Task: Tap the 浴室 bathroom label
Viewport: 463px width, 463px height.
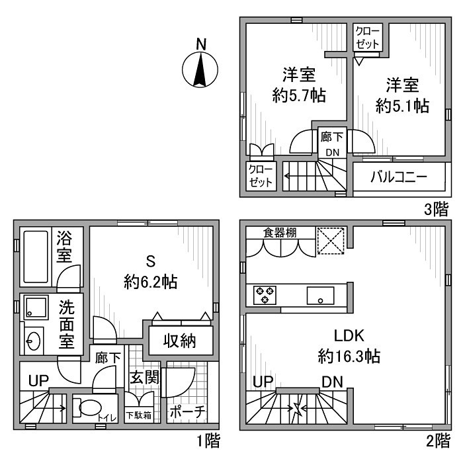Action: [x=64, y=245]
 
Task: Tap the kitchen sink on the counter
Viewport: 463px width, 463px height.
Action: [x=319, y=295]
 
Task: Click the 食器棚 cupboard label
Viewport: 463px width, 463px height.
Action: [x=280, y=232]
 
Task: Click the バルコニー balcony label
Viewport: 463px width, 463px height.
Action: [x=398, y=178]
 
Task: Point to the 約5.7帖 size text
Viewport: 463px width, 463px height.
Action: [x=299, y=96]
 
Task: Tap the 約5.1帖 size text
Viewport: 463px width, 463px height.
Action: [x=403, y=105]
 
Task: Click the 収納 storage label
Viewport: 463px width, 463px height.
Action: [x=179, y=341]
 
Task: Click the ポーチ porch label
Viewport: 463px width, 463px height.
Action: [x=187, y=411]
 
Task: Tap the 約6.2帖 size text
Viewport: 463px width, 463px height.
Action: [x=149, y=282]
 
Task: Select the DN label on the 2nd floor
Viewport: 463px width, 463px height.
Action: [x=332, y=382]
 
